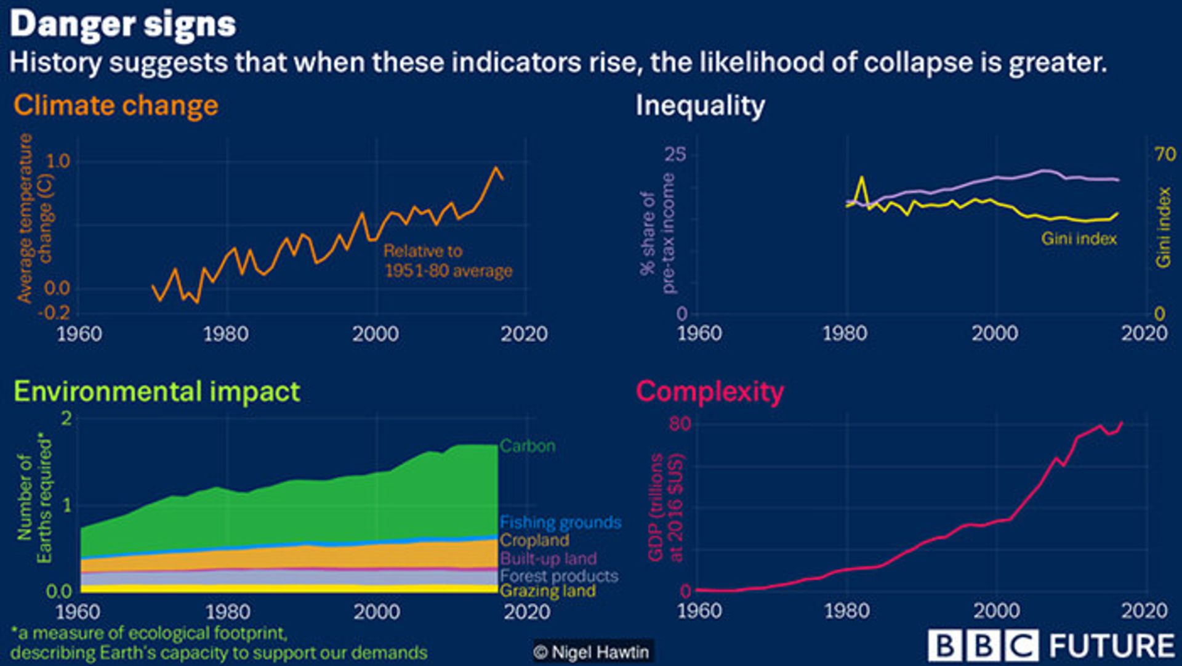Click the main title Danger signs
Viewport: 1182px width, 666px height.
[x=123, y=25]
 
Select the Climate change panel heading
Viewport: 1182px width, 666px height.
[x=116, y=105]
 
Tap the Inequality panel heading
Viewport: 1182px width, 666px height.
[x=700, y=105]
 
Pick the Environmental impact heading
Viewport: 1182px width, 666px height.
[x=157, y=392]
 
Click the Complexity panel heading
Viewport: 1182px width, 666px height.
[x=710, y=392]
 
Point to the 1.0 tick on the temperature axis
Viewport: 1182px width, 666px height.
[x=58, y=161]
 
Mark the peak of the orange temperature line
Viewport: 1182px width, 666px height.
[x=496, y=168]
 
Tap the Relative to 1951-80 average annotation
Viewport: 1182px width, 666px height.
[x=448, y=261]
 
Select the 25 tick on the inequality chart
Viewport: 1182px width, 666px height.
[x=675, y=154]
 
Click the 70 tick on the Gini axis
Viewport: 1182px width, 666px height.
[x=1165, y=153]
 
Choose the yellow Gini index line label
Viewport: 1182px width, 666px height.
[x=1079, y=238]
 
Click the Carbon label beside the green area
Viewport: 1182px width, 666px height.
[x=528, y=445]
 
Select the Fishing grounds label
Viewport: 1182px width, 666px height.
[x=560, y=522]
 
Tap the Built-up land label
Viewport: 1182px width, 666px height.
[x=548, y=558]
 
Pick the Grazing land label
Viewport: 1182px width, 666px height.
[x=548, y=591]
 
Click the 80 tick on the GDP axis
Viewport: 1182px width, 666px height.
[x=680, y=424]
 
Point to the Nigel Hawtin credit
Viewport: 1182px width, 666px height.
[x=592, y=652]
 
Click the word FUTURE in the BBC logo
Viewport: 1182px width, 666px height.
[x=1112, y=646]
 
